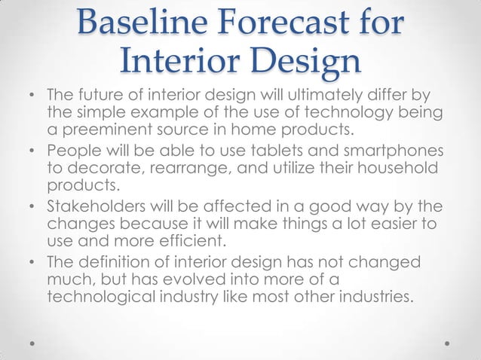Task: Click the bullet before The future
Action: click(32, 98)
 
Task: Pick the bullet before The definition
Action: click(32, 262)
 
